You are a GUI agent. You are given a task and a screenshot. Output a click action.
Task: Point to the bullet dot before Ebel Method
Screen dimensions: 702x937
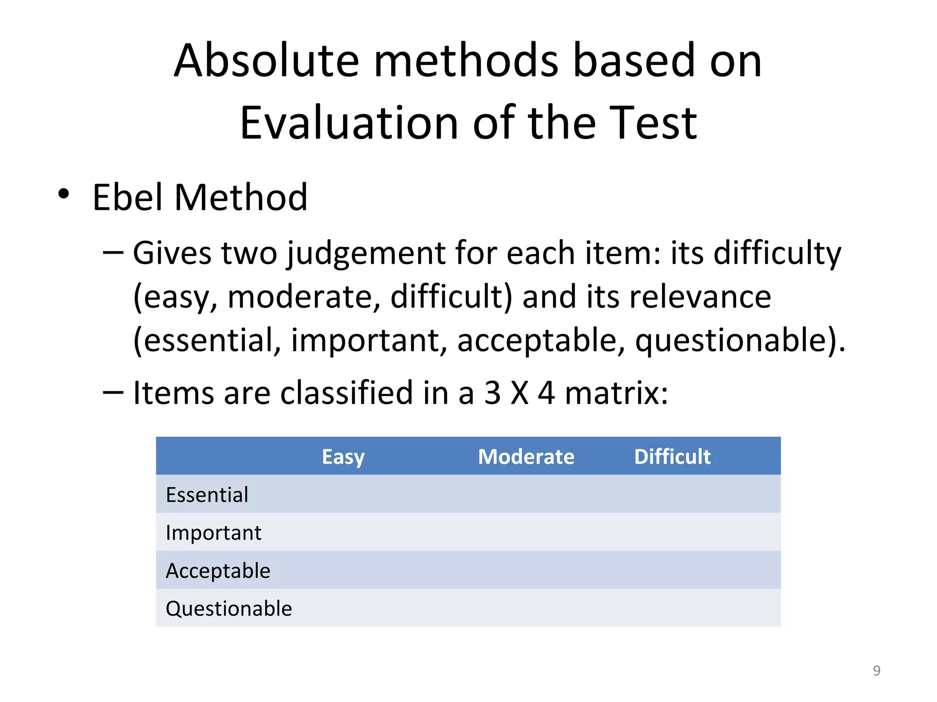[64, 194]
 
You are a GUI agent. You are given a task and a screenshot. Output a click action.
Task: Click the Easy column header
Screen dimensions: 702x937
[343, 457]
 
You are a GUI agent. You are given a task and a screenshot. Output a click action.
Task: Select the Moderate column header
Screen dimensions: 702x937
[526, 457]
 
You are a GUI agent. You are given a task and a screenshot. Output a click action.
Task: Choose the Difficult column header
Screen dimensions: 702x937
[672, 457]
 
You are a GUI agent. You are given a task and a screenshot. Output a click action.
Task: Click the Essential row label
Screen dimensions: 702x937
[207, 495]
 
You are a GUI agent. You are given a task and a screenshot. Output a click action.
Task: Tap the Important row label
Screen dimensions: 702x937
[214, 533]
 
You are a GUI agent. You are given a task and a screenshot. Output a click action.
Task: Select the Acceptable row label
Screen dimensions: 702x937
[218, 571]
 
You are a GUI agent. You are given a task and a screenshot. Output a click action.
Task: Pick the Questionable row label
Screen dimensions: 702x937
[229, 609]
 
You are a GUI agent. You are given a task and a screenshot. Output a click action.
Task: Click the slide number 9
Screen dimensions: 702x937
[877, 670]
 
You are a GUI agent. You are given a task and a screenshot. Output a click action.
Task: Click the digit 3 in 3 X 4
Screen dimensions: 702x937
[492, 393]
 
